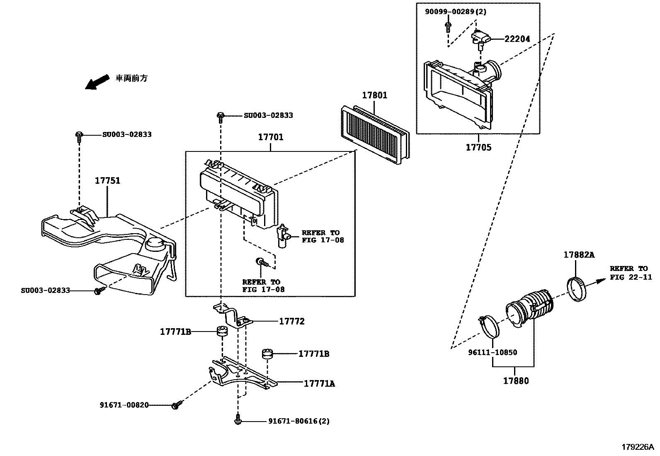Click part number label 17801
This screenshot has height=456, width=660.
[x=374, y=95]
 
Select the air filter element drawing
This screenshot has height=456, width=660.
[x=375, y=135]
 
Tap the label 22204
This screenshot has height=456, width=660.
[x=517, y=39]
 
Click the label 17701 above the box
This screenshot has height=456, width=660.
[x=271, y=137]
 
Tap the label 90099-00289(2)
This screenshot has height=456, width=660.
[x=455, y=12]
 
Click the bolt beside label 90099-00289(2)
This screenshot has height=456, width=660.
[x=448, y=27]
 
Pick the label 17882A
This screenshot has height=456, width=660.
[x=579, y=255]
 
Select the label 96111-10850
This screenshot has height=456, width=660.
[x=493, y=353]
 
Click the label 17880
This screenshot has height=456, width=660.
[x=516, y=380]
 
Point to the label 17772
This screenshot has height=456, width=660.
[x=291, y=321]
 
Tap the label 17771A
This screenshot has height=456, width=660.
[x=319, y=384]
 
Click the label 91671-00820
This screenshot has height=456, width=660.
[x=124, y=405]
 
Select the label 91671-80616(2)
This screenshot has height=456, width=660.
[x=298, y=421]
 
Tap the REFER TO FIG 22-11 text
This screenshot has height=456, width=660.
[x=631, y=273]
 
